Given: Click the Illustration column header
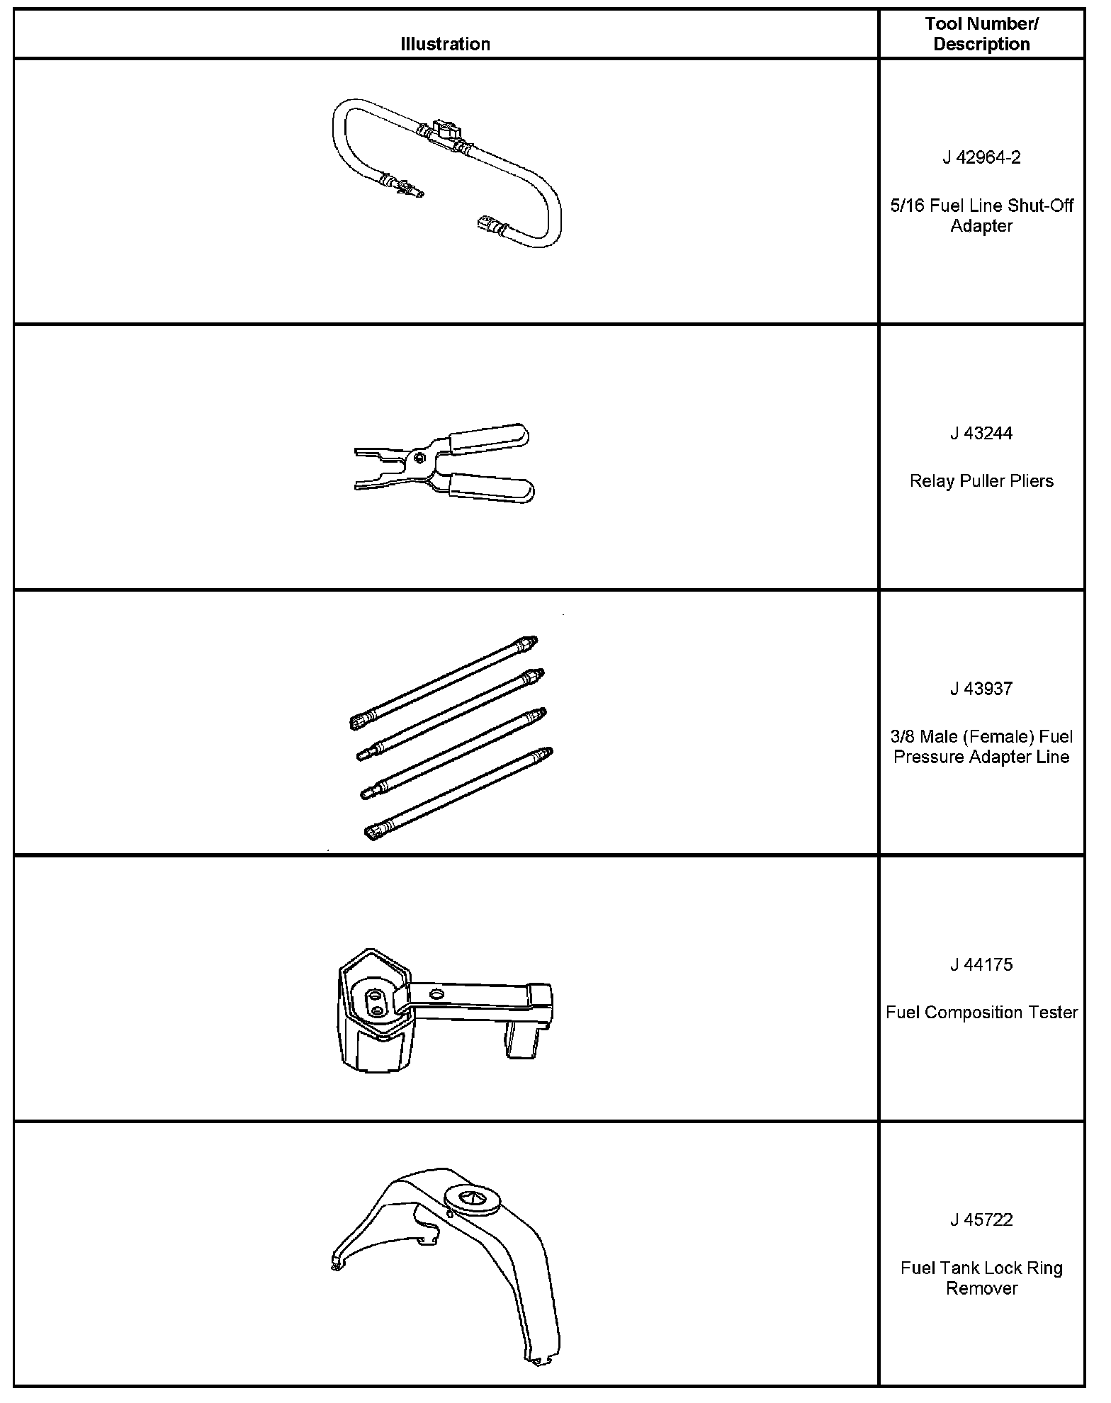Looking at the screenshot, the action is [445, 44].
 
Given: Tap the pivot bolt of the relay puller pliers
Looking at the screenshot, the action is [421, 456].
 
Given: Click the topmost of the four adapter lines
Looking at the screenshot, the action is [445, 681].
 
